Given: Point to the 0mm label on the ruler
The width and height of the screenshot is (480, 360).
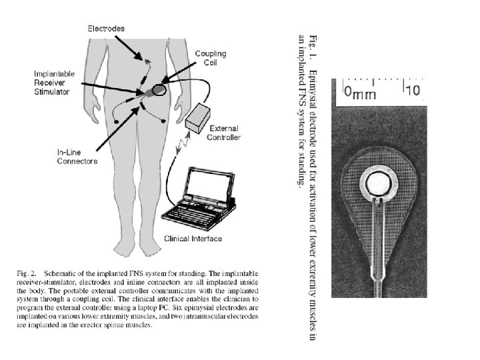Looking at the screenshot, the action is (x=360, y=93).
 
